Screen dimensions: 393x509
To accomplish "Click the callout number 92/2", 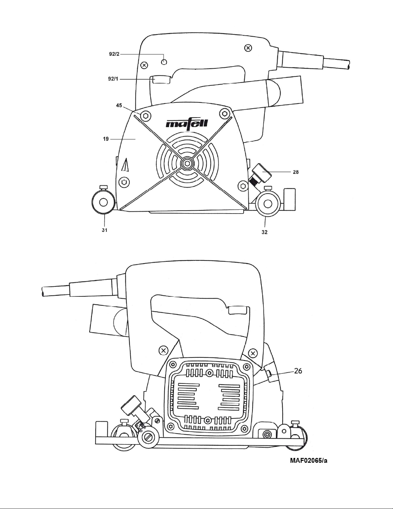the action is click(114, 54).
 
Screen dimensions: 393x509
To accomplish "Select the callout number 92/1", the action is click(113, 79).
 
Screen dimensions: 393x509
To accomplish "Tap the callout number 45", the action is click(119, 105).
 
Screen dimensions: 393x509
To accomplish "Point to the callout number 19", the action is click(106, 139).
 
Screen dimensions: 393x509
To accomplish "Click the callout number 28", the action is click(296, 172).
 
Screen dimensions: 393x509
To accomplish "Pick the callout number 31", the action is click(105, 230).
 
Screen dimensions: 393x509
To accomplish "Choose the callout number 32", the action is click(265, 232).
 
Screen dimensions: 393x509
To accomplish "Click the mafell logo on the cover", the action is click(187, 123).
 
